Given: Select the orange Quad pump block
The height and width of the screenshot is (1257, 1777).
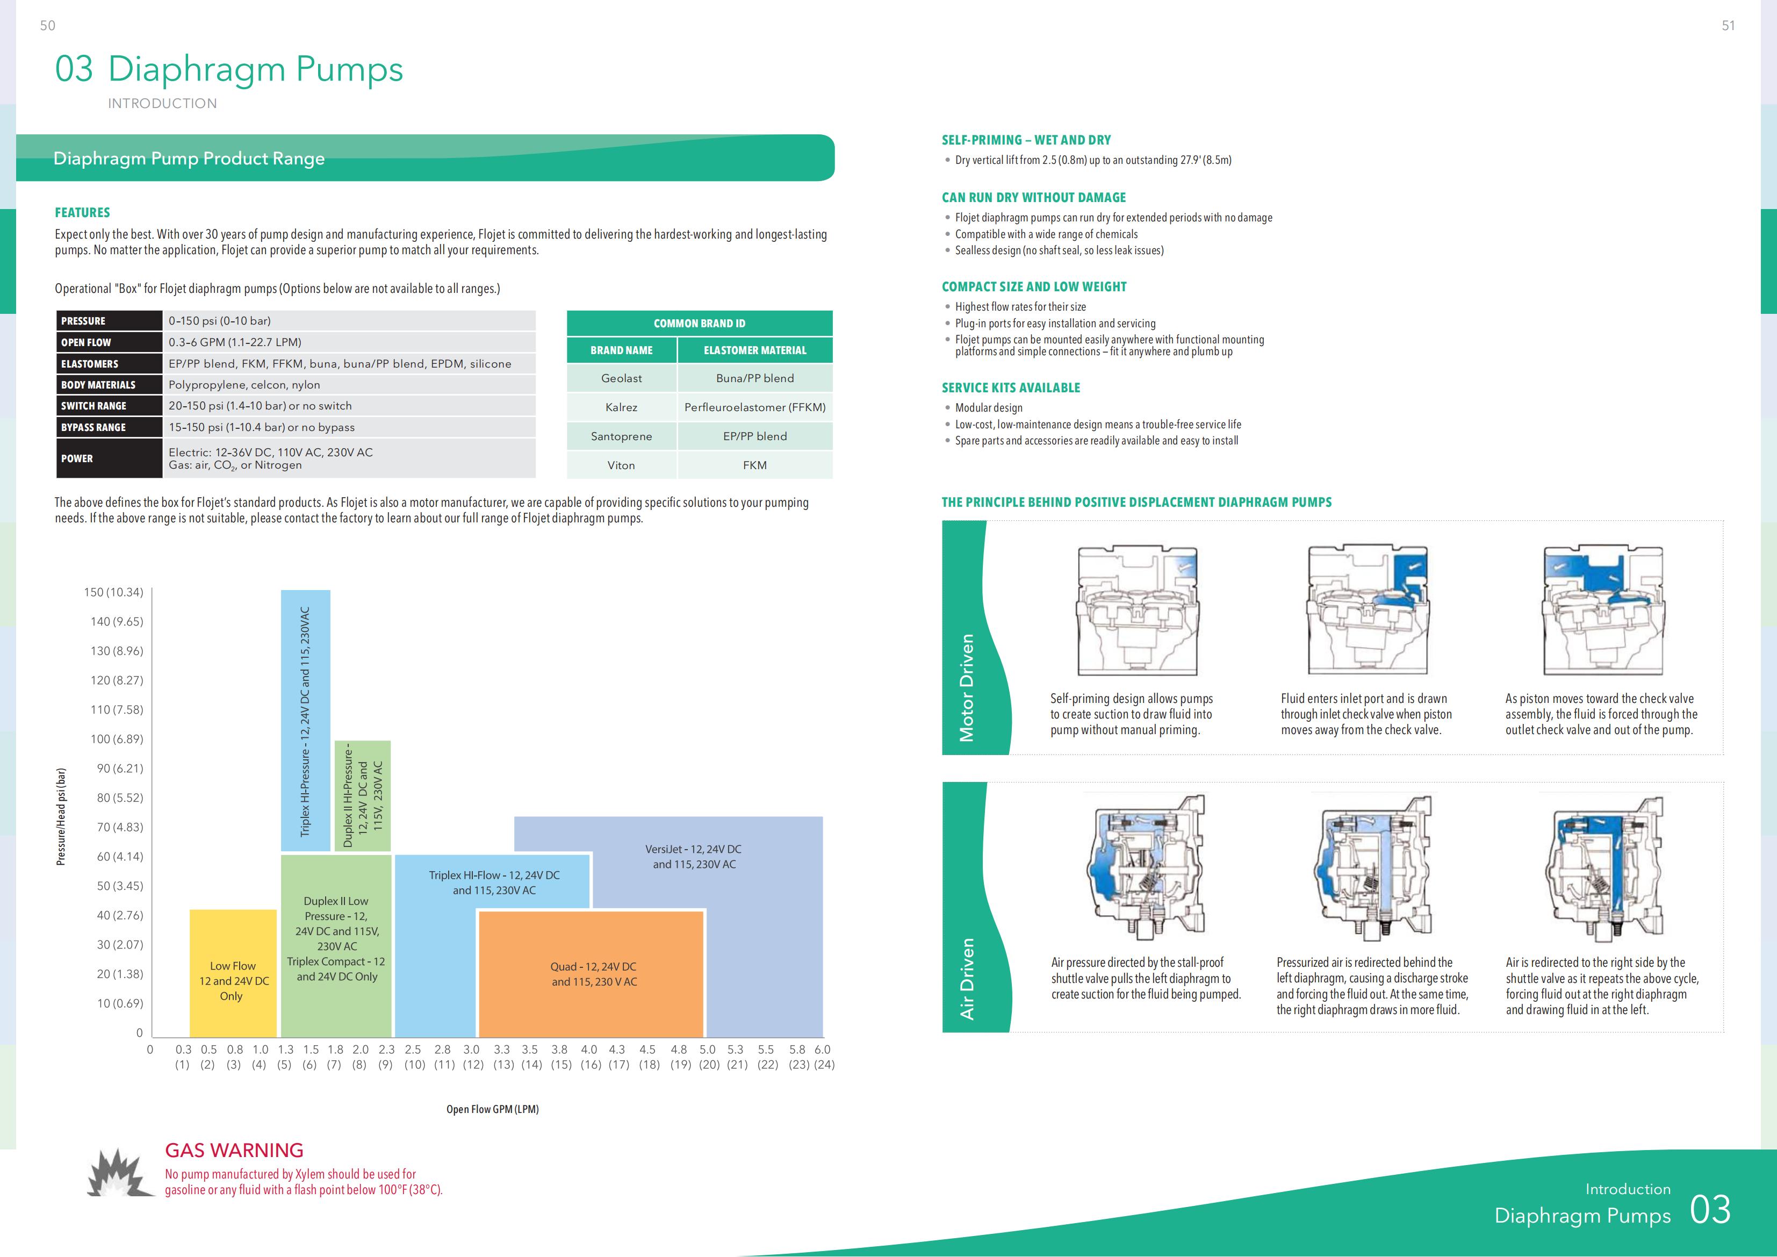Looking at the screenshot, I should (x=593, y=974).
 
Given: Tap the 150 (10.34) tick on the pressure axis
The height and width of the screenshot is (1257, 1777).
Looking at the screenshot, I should (x=114, y=592).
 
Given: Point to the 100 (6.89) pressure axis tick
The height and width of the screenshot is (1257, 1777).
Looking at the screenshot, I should (x=117, y=739).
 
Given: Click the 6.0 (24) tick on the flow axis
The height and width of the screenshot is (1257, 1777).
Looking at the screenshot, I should (x=822, y=1057).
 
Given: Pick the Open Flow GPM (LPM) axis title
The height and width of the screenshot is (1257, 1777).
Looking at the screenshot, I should (x=492, y=1109).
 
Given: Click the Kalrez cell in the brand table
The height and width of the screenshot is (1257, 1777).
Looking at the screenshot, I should (x=622, y=407).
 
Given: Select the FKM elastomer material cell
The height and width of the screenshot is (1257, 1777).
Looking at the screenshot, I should (x=754, y=465).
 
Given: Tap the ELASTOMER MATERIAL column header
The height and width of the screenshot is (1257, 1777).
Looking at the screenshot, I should (x=754, y=350).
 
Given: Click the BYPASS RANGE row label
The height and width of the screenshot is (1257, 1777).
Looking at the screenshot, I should (x=93, y=427).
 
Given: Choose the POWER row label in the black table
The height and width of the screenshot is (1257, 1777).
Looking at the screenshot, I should (x=77, y=459).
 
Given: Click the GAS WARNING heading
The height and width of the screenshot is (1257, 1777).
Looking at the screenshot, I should (x=234, y=1150).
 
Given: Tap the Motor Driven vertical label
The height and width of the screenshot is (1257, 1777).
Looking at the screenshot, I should (x=967, y=687).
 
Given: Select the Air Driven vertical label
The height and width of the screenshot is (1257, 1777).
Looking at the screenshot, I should (x=967, y=979).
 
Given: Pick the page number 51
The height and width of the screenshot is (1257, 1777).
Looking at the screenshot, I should (x=1728, y=26).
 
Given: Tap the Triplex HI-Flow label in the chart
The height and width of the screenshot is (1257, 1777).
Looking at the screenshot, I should (x=494, y=882).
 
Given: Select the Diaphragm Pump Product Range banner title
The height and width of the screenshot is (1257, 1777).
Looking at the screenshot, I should (x=189, y=159).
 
